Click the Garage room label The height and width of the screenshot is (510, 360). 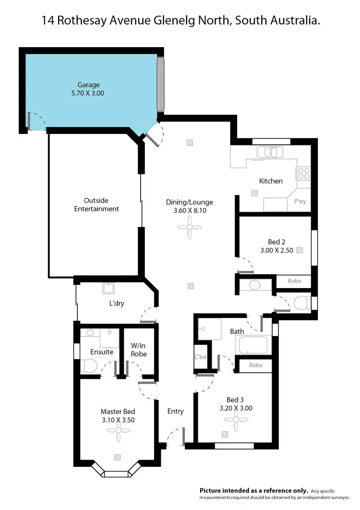click(89, 85)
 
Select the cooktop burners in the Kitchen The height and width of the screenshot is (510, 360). click(303, 173)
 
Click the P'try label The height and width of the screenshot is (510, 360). click(300, 202)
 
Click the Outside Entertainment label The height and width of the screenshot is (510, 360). click(96, 205)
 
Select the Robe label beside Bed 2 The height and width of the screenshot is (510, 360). click(295, 281)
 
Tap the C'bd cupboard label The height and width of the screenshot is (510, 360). click(200, 357)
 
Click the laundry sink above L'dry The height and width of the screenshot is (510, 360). click(108, 288)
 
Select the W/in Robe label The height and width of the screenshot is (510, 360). click(139, 349)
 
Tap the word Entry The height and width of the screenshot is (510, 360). click(175, 411)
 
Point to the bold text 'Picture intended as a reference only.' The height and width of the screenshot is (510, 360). click(254, 490)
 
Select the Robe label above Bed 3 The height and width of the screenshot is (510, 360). click(256, 365)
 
